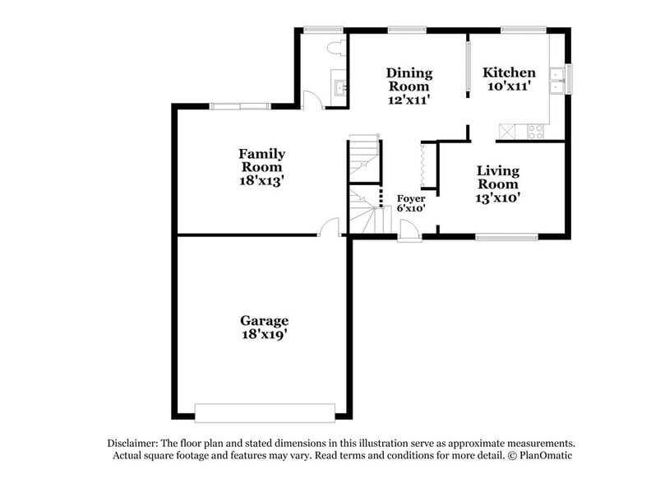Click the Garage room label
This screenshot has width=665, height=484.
[264, 320]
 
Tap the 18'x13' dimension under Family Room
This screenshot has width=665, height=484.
[262, 179]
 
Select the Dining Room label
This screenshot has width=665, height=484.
[409, 79]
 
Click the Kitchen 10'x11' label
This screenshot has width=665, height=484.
[509, 79]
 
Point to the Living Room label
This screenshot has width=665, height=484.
[498, 177]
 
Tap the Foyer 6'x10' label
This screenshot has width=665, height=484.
[410, 203]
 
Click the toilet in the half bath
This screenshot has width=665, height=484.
[334, 47]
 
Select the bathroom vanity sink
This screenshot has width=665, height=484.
[339, 86]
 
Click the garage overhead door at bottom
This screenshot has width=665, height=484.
[265, 412]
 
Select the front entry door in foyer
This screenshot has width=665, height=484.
[409, 236]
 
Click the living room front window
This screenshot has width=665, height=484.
[506, 237]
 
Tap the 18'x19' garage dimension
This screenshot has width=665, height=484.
[264, 335]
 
